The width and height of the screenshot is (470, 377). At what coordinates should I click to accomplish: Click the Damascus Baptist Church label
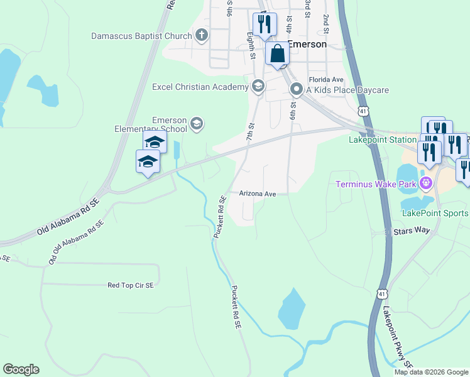point(141,36)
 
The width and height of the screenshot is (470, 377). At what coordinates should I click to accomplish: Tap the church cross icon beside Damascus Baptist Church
point(202,35)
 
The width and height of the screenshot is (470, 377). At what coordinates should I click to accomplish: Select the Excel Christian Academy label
point(200,87)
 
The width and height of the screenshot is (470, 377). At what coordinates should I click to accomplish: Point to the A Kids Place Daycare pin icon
point(296,90)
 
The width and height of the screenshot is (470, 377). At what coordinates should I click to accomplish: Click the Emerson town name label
point(307,45)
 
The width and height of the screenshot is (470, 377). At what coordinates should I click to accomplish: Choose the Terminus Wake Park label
point(376,184)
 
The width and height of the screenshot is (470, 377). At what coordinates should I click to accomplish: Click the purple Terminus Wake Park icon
point(426,183)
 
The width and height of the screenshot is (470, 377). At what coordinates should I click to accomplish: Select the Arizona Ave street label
point(258,194)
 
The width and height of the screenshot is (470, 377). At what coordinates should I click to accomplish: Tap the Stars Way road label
point(412,231)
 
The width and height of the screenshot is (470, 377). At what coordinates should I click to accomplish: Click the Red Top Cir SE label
point(131,285)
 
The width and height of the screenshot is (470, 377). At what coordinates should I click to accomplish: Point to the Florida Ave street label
point(325,80)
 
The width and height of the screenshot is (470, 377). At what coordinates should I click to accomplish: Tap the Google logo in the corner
point(21,369)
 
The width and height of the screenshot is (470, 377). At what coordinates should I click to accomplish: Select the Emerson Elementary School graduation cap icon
point(197,124)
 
